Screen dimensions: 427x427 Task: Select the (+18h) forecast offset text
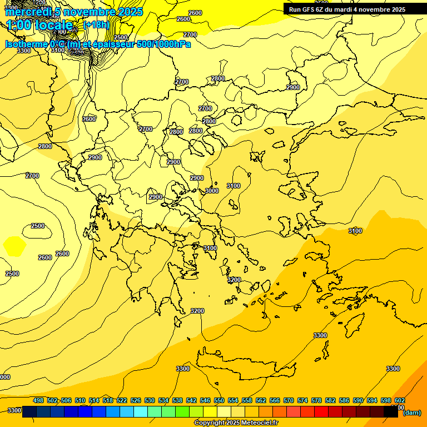97,25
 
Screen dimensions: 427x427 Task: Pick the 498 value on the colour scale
38,400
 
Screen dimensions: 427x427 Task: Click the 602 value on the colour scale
399,400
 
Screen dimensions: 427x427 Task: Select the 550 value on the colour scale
219,400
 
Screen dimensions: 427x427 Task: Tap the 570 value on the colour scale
289,400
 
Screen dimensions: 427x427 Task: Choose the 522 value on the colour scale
122,400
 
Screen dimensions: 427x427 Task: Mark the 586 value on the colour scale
344,400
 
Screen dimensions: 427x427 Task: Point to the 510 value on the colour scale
80,400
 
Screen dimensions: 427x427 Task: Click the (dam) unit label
411,413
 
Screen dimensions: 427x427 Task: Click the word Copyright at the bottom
209,423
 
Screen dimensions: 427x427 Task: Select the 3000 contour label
212,191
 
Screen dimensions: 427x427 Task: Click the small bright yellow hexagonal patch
14,245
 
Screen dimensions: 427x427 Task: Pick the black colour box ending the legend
391,412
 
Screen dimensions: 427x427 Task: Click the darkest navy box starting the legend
29,412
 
